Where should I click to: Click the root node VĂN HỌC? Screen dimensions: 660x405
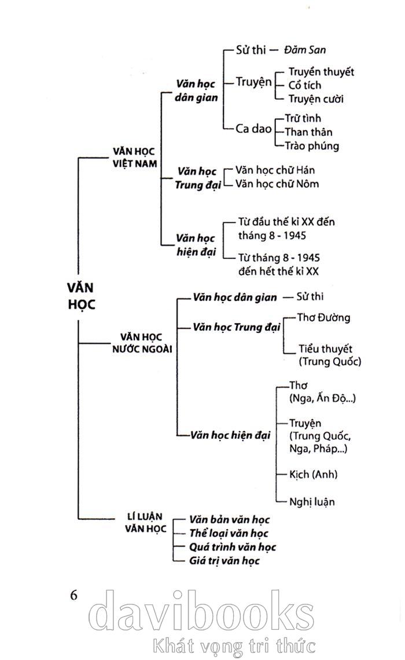(80, 296)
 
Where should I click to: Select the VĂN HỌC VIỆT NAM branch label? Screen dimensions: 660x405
(135, 157)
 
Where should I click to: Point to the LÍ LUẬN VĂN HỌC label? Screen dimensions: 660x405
(145, 522)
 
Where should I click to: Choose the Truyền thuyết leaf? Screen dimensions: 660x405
(321, 72)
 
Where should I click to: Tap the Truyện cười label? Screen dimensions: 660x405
(316, 98)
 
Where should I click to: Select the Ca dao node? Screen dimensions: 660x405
(253, 129)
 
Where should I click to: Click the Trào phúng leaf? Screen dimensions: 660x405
(312, 146)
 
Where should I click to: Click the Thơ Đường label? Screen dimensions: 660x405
(323, 317)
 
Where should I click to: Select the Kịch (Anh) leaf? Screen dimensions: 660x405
(314, 474)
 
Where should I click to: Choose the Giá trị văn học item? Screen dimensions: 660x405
(224, 560)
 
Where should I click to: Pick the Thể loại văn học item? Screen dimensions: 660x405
(229, 533)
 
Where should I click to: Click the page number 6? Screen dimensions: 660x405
(74, 595)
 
